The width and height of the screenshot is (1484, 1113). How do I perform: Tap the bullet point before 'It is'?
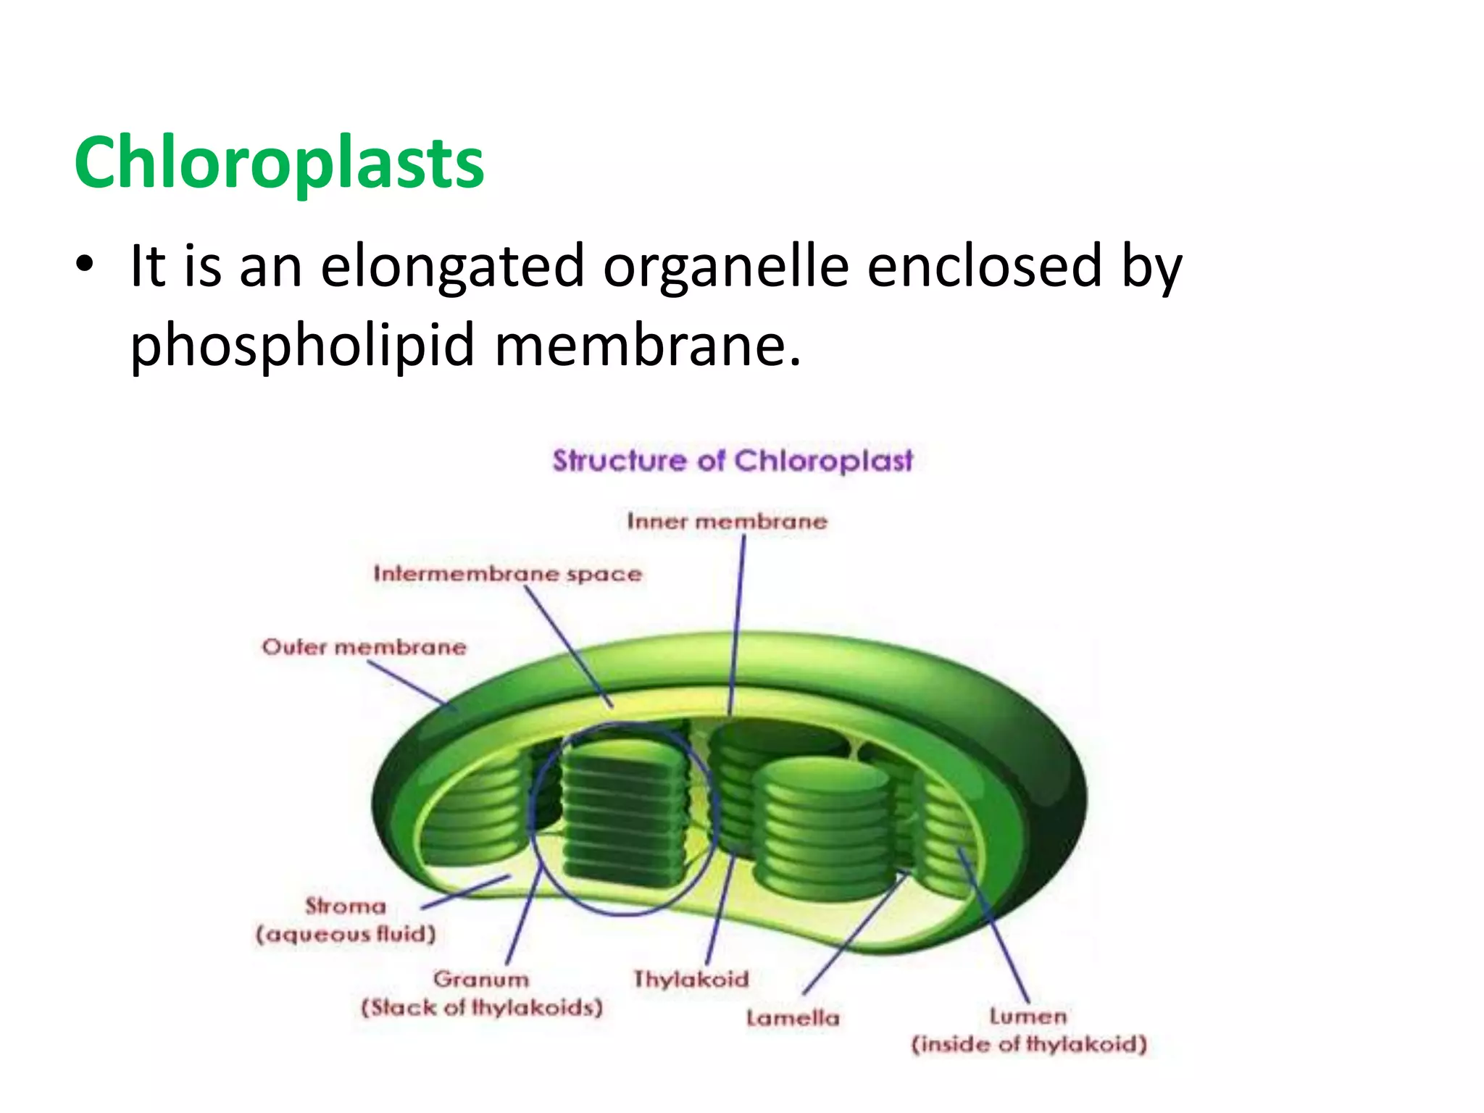coord(85,265)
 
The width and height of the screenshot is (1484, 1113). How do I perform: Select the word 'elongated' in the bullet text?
coord(452,267)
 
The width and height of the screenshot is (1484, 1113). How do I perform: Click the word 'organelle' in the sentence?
coord(725,267)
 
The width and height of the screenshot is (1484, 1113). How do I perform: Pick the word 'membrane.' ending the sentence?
coord(648,345)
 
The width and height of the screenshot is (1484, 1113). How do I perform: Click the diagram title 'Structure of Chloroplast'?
coord(732,461)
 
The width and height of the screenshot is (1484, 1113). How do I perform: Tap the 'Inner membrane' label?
coord(727,521)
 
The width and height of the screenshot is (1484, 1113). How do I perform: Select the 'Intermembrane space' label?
coord(507,574)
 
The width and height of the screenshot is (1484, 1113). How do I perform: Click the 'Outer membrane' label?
coord(364,646)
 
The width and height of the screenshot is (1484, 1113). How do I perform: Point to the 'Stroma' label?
coord(346,906)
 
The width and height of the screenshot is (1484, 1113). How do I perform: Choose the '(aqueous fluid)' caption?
coord(346,934)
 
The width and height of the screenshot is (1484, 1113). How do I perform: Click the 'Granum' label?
coord(481,979)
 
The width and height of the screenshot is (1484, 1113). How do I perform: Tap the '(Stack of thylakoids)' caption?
coord(482,1008)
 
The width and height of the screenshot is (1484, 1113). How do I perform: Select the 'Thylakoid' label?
coord(691,979)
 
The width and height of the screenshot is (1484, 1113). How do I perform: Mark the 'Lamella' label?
coord(793,1018)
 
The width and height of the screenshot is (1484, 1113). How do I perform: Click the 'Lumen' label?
coord(1028,1016)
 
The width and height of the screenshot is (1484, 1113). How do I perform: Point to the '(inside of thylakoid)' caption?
coord(1029,1044)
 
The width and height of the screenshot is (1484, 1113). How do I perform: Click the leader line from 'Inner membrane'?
coord(738,623)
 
